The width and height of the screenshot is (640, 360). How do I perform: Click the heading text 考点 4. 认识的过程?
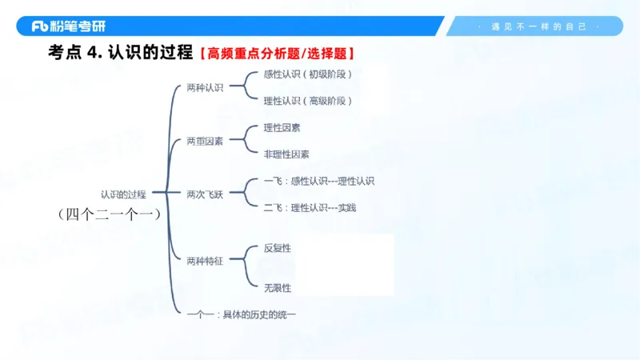pyautogui.click(x=120, y=54)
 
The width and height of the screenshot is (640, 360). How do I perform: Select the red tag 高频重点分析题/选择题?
pyautogui.click(x=277, y=54)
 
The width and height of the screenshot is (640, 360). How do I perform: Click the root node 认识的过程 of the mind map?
pyautogui.click(x=123, y=194)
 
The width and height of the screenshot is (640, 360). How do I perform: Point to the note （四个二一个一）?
pyautogui.click(x=110, y=214)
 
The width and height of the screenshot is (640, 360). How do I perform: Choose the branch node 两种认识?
pyautogui.click(x=205, y=87)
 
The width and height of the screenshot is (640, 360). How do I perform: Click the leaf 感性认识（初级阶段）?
pyautogui.click(x=307, y=74)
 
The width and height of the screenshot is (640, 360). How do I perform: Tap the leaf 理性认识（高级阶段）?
pyautogui.click(x=307, y=101)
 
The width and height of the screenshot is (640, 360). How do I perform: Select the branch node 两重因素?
pyautogui.click(x=205, y=141)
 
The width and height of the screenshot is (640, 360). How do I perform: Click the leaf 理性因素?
pyautogui.click(x=282, y=127)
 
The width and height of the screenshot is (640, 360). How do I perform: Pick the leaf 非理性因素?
pyautogui.click(x=286, y=154)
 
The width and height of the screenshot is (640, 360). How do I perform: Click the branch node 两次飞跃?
pyautogui.click(x=205, y=194)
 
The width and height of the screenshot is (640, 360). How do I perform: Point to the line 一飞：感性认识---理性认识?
pyautogui.click(x=318, y=181)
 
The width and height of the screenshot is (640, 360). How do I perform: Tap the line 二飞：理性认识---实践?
pyautogui.click(x=310, y=208)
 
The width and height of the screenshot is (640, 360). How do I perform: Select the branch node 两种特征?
pyautogui.click(x=205, y=261)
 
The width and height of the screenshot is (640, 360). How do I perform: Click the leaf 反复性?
pyautogui.click(x=277, y=248)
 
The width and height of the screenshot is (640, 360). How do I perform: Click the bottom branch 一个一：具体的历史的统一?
pyautogui.click(x=241, y=314)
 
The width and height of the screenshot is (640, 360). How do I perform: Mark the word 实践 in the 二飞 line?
pyautogui.click(x=346, y=208)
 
